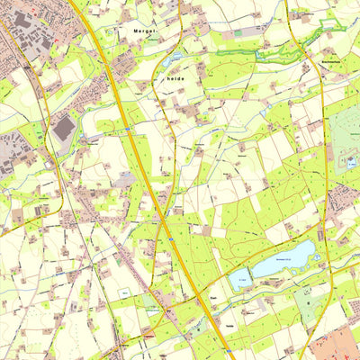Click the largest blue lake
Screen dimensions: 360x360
coord(283,258)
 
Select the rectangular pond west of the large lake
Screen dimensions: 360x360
coord(239,281)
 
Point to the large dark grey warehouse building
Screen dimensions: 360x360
coord(64,129)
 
